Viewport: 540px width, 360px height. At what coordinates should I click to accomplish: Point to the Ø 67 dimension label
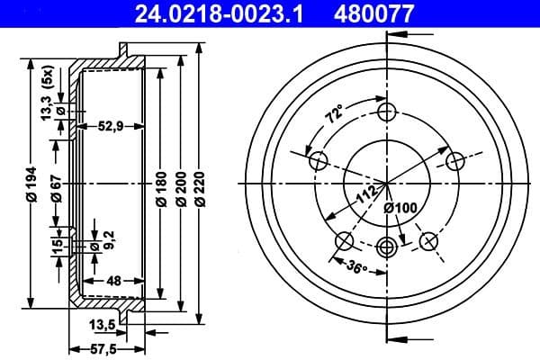(56, 187)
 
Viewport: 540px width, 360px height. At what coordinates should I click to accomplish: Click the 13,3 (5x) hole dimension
(47, 93)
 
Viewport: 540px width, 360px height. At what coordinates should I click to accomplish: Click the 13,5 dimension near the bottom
(102, 324)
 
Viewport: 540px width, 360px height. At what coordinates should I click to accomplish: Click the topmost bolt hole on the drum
(387, 112)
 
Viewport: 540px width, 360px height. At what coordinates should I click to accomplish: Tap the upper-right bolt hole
(455, 160)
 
